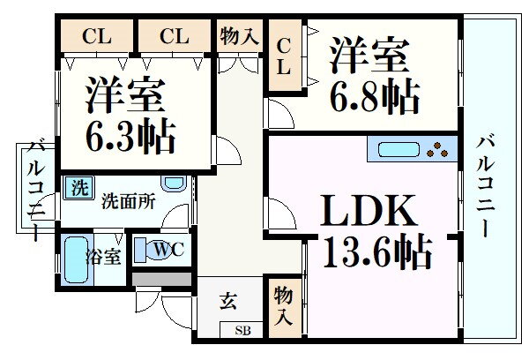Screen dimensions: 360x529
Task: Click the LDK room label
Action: (368, 213)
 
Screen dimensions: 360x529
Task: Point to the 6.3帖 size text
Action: (130, 137)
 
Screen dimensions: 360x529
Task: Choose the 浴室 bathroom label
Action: (103, 258)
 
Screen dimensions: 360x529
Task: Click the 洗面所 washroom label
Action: (128, 200)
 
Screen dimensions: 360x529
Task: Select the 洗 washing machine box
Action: (79, 187)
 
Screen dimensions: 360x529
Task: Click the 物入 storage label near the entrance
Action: (283, 305)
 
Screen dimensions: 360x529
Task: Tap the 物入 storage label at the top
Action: (238, 36)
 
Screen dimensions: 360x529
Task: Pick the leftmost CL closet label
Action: (96, 36)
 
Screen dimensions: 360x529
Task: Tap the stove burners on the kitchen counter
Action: (438, 149)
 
